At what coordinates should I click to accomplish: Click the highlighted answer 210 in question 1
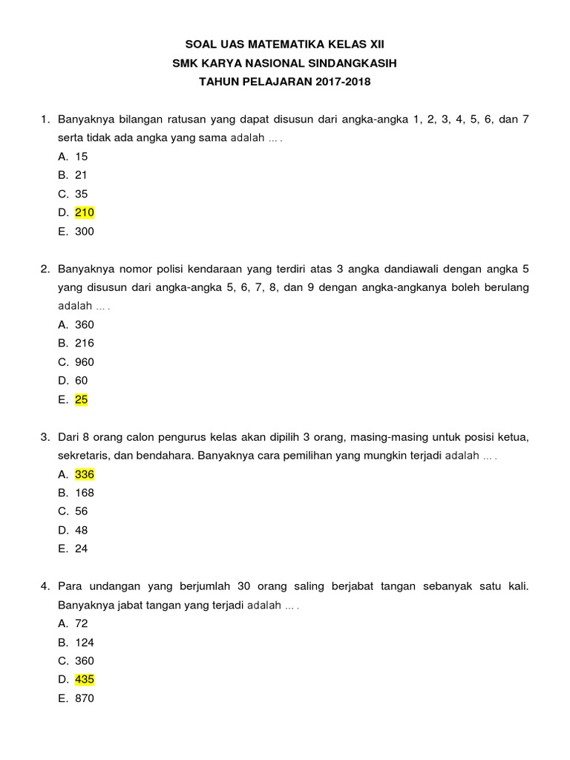[85, 213]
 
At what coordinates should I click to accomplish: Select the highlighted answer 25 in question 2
[82, 399]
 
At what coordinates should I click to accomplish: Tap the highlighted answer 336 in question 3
[85, 474]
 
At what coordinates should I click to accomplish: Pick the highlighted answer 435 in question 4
[85, 679]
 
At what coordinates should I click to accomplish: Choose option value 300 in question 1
[85, 232]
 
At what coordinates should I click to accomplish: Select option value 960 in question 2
[85, 362]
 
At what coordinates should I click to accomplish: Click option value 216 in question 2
[85, 343]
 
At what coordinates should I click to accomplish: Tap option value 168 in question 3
[85, 493]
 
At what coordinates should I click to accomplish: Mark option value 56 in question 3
[82, 511]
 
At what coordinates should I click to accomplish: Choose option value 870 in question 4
[85, 698]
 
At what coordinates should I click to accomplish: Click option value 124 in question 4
[85, 643]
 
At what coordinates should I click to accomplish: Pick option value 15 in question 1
[82, 157]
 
